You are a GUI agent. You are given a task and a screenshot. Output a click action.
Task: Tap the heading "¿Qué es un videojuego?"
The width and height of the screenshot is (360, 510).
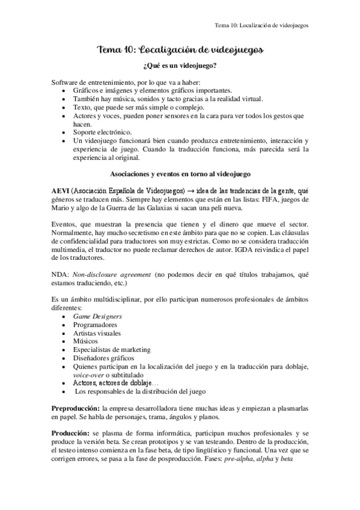tap(180, 66)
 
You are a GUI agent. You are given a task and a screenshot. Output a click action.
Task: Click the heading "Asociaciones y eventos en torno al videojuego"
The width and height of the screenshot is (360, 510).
tap(180, 174)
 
